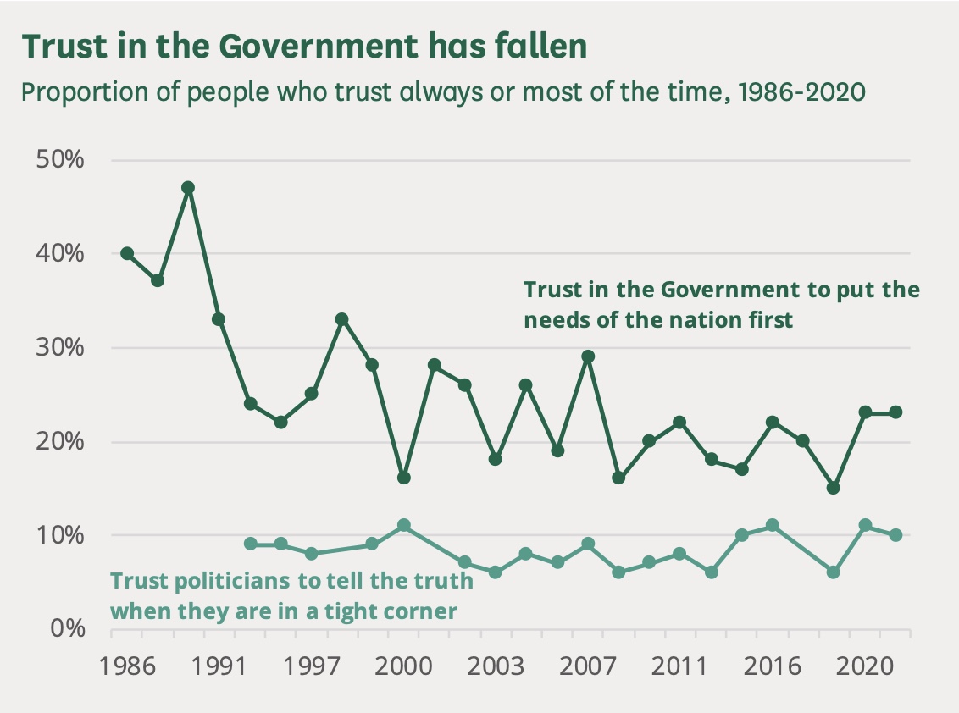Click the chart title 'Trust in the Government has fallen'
click(304, 47)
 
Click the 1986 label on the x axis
click(127, 666)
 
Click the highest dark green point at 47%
click(188, 187)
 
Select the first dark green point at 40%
click(127, 253)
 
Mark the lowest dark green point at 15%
click(834, 488)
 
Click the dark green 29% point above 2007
click(588, 356)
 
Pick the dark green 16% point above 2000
click(403, 478)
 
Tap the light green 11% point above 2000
click(403, 525)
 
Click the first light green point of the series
click(250, 544)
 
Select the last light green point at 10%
click(895, 535)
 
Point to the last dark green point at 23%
click(895, 412)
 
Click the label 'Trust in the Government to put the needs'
click(721, 304)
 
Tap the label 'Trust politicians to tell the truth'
click(292, 595)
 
